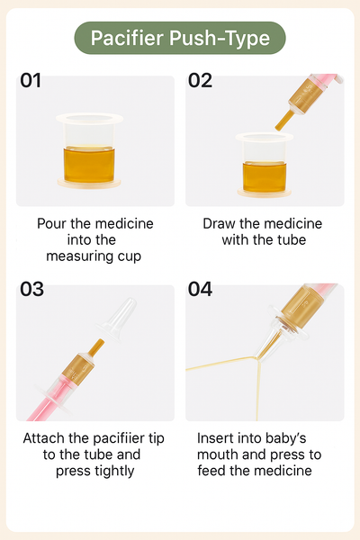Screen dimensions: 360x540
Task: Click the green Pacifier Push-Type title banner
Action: click(x=180, y=38)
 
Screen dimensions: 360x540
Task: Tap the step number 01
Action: click(x=31, y=81)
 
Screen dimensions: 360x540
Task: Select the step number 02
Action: click(x=200, y=81)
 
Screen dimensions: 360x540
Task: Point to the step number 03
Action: click(x=31, y=289)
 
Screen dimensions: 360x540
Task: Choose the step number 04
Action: click(x=200, y=289)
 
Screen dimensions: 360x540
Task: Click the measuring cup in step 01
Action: click(x=89, y=151)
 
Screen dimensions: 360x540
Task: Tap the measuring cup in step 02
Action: click(x=265, y=165)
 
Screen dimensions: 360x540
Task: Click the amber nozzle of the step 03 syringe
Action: click(x=95, y=347)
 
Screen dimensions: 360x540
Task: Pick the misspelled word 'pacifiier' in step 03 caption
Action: click(x=119, y=439)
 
